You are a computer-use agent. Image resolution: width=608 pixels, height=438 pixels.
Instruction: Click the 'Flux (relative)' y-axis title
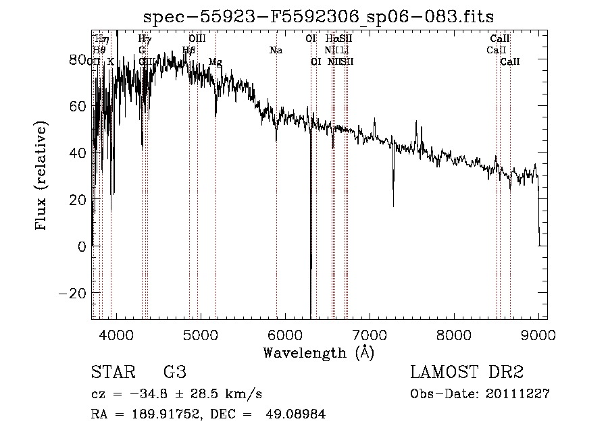pos(42,177)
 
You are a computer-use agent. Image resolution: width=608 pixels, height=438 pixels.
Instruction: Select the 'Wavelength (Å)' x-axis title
pos(318,352)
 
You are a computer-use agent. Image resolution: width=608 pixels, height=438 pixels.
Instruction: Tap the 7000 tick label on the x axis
pos(370,335)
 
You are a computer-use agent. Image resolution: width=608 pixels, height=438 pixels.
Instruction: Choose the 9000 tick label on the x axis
pos(538,335)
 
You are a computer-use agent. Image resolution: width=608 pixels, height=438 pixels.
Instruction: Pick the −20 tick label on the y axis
pos(73,293)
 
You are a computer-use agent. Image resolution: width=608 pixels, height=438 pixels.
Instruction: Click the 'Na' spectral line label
pos(276,51)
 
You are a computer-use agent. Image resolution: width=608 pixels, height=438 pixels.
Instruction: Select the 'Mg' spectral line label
pos(215,62)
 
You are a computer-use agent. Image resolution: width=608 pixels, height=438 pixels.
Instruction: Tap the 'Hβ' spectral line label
pos(189,51)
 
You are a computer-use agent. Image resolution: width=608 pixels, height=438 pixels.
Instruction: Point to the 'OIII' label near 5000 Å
pos(197,39)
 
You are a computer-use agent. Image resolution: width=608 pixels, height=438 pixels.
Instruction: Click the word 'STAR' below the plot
pos(113,372)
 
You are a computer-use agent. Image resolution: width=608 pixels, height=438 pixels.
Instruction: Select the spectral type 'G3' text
pos(174,372)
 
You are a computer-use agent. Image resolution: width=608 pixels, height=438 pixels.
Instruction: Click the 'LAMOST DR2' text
pos(467,372)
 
